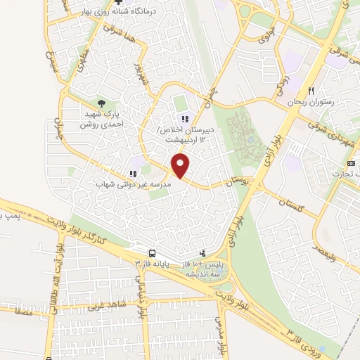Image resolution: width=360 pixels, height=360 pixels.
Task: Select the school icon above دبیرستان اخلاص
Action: (185, 119)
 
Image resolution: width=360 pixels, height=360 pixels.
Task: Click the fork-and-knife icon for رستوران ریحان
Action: (310, 91)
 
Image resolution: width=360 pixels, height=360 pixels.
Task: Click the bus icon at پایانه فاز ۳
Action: (151, 252)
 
